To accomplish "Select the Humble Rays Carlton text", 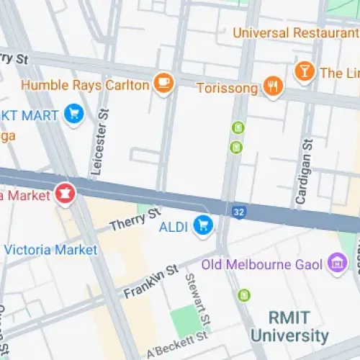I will (86, 85).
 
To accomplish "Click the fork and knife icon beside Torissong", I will (272, 87).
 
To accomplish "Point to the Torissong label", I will (228, 88).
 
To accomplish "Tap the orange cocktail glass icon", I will (304, 71).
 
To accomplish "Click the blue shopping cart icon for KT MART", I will (73, 114).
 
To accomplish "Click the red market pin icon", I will (64, 194).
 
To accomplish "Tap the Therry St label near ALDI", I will (135, 220).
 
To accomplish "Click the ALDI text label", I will (174, 228).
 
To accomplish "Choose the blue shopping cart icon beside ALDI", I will (204, 227).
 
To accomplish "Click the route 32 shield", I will (239, 212).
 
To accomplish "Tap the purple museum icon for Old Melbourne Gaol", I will (336, 264).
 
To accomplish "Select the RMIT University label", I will (289, 326).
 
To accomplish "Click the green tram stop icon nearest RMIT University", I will (244, 294).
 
